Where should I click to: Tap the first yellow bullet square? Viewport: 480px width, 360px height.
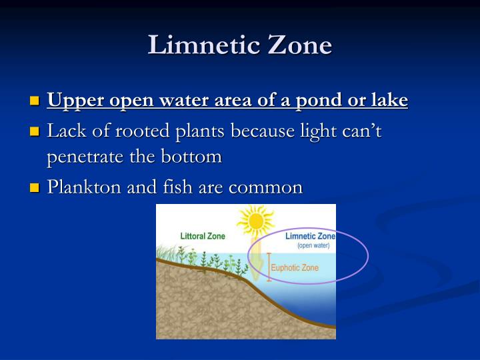click(35, 102)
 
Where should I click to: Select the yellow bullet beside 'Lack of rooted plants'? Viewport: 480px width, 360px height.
click(35, 132)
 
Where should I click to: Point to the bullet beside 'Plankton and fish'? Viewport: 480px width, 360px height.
click(35, 189)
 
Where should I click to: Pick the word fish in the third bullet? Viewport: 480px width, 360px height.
click(173, 187)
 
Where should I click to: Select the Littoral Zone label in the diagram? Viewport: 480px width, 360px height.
click(203, 236)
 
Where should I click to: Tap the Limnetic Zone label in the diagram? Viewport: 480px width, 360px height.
click(310, 236)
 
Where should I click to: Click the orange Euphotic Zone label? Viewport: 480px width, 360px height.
click(295, 268)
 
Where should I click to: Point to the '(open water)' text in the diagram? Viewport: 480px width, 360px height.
click(313, 245)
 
